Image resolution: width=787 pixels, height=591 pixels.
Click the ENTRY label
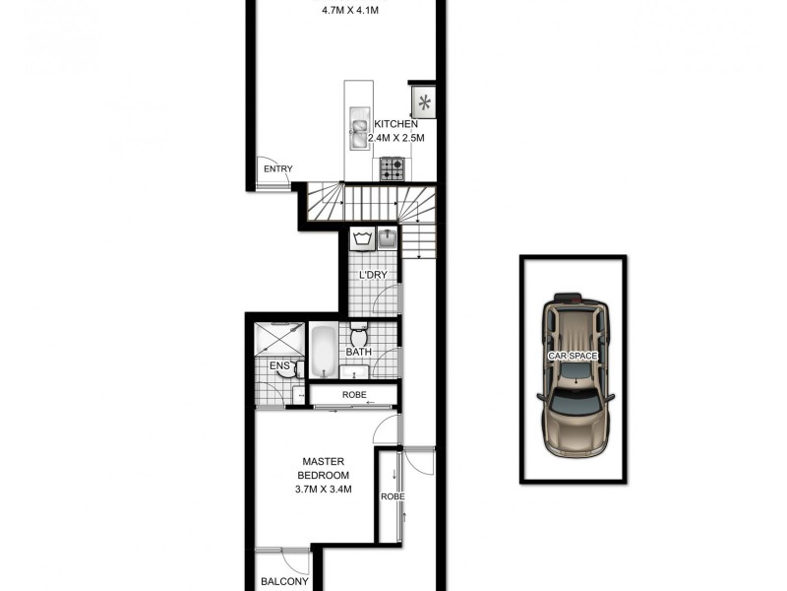pos(278,168)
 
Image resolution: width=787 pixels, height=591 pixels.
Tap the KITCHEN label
pos(395,125)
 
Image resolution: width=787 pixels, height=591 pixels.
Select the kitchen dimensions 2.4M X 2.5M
pos(394,139)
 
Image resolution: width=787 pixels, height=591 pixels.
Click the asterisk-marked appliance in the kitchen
pos(424,100)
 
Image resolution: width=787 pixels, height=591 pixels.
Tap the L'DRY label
pos(372,274)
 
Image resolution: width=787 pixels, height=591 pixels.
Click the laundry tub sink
pos(388,238)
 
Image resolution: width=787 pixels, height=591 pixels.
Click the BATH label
pos(357,351)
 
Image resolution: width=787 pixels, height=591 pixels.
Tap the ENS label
pos(280,367)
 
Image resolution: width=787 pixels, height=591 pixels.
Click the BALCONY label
pos(284,582)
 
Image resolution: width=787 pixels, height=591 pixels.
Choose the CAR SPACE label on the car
pos(574,353)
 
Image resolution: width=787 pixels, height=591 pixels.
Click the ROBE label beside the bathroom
pos(354,396)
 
